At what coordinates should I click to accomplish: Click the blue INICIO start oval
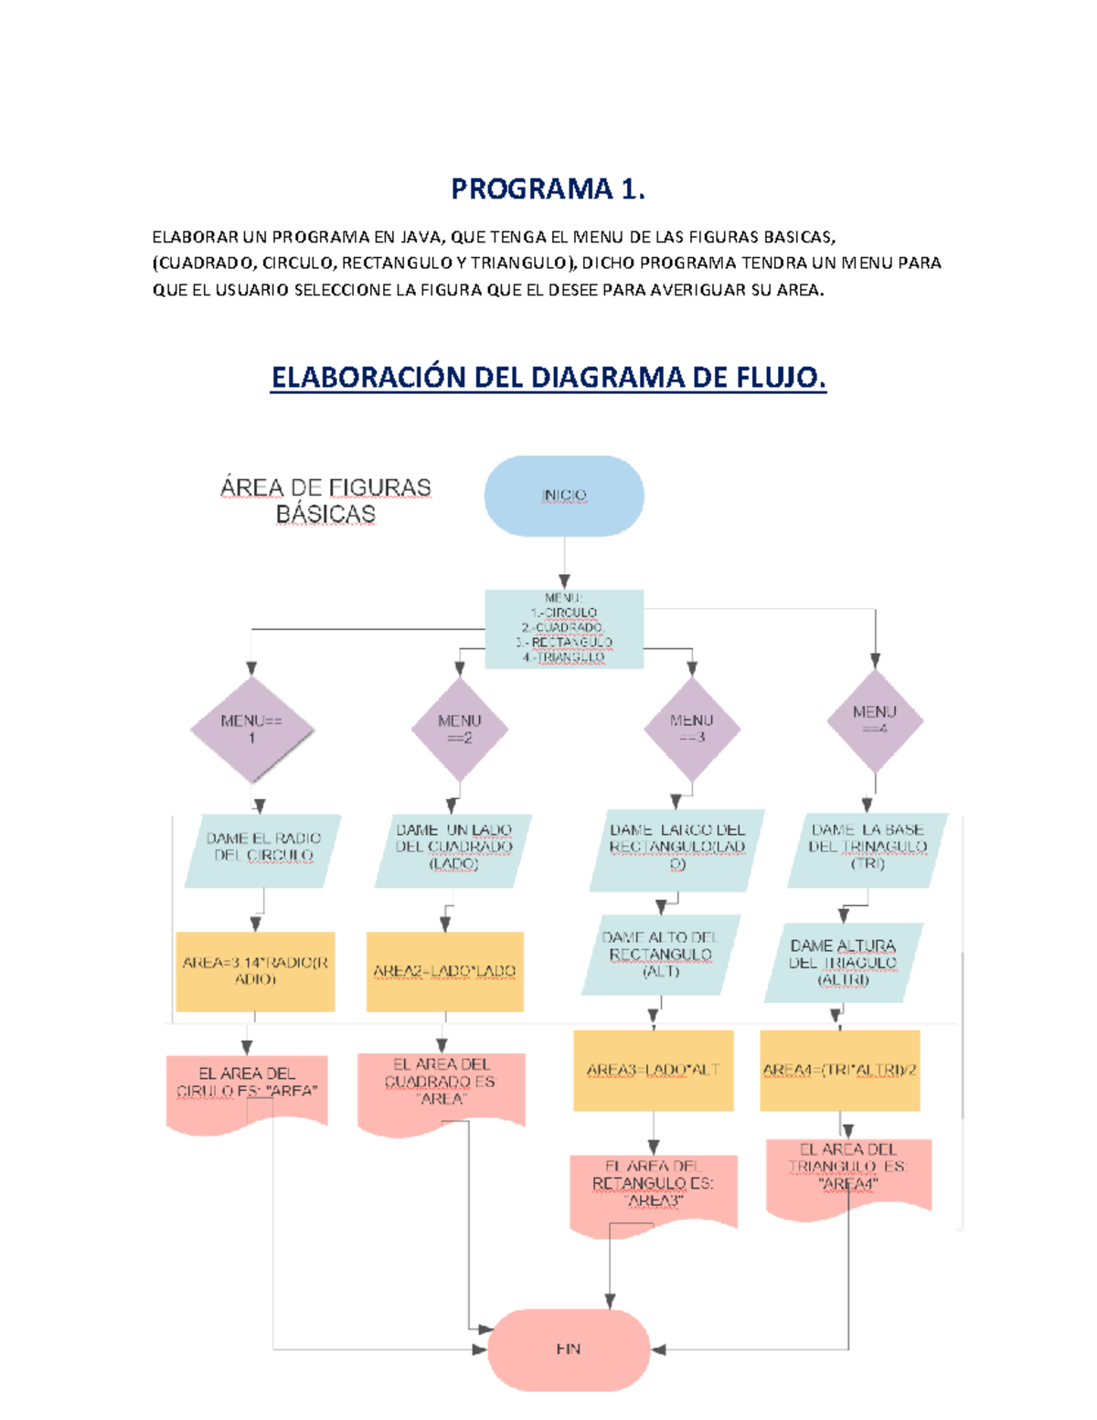pos(564,496)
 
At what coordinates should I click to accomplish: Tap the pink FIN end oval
pos(569,1349)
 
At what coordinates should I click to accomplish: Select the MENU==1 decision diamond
pos(251,730)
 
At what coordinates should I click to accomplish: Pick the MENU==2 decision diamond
pos(459,730)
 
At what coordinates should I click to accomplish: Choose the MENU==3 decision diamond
pos(691,729)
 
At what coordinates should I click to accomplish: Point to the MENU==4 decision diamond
pos(875,721)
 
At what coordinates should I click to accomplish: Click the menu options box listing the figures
pos(564,628)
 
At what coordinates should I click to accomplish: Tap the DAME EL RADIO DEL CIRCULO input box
pos(263,848)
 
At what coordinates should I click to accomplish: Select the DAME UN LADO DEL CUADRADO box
pos(453,848)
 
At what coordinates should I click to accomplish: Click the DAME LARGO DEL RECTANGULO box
pos(677,849)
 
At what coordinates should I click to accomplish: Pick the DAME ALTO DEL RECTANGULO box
pos(660,955)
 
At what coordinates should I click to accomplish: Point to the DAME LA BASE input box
pos(868,848)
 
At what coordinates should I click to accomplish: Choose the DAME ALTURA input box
pos(843,963)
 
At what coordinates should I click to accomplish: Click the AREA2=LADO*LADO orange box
pos(444,971)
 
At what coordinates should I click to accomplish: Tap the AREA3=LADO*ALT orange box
pos(653,1070)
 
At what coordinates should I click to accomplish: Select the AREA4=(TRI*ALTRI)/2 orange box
pos(839,1070)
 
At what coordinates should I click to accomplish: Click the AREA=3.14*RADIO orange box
pos(255,971)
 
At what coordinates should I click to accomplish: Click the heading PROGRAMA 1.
pos(548,189)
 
